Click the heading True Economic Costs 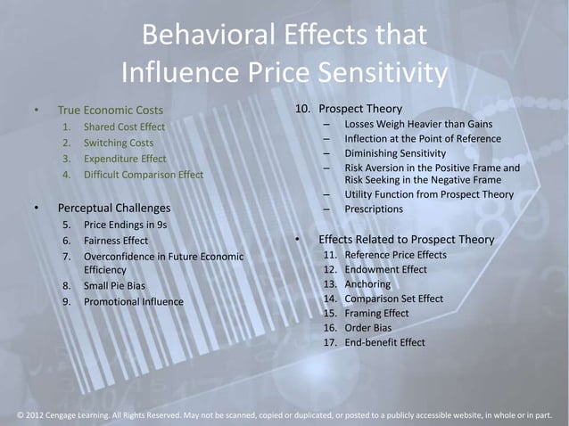(111, 111)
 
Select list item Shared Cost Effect (125, 127)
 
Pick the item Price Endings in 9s (131, 225)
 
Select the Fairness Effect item (116, 241)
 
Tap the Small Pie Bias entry (114, 286)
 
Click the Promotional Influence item (133, 301)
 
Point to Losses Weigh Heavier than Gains (418, 124)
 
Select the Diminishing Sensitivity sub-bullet (394, 153)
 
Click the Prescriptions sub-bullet (374, 209)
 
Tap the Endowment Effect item (385, 268)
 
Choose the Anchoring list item (367, 284)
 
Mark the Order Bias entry (369, 328)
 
